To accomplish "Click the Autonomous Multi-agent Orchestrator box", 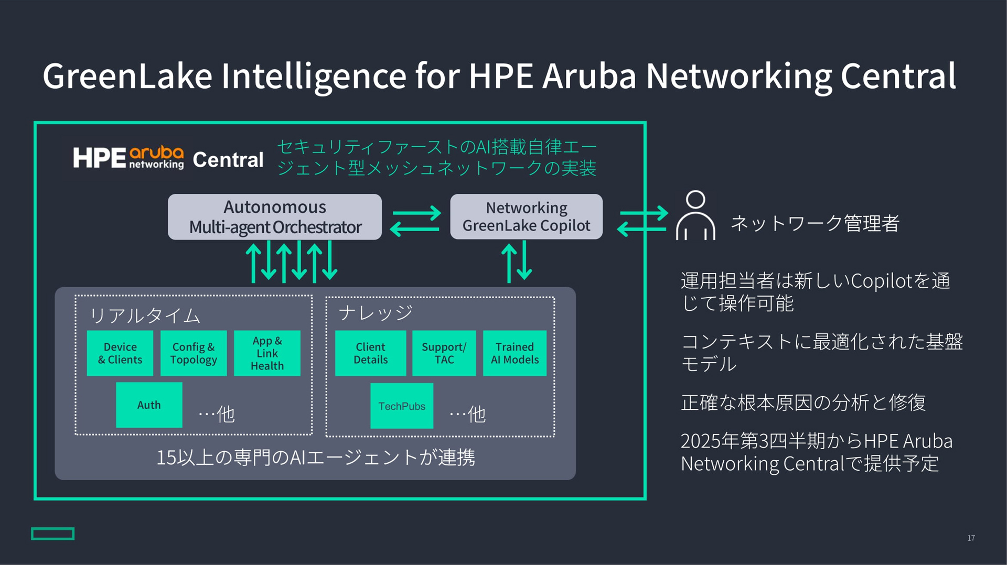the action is pyautogui.click(x=275, y=217).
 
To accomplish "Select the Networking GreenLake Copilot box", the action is pyautogui.click(x=526, y=217).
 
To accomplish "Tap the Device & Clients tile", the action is pyautogui.click(x=120, y=353).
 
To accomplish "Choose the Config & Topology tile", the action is pyautogui.click(x=194, y=353).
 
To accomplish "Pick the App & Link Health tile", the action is pyautogui.click(x=267, y=353).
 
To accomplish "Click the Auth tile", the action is pyautogui.click(x=149, y=405).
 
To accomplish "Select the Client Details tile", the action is pyautogui.click(x=370, y=353).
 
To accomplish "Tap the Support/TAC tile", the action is pyautogui.click(x=444, y=353).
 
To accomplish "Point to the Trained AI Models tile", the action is pyautogui.click(x=515, y=353).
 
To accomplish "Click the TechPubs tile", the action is pyautogui.click(x=402, y=406).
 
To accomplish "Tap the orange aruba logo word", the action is pyautogui.click(x=156, y=153).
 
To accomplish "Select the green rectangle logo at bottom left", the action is pyautogui.click(x=52, y=534).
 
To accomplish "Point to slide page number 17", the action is pyautogui.click(x=971, y=538).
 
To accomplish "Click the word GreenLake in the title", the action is pyautogui.click(x=127, y=76).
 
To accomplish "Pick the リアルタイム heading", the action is pyautogui.click(x=145, y=315).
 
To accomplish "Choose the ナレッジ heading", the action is pyautogui.click(x=376, y=313).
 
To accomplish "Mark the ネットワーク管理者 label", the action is pyautogui.click(x=815, y=224).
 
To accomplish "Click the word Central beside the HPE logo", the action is pyautogui.click(x=228, y=160).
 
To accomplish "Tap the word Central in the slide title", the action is pyautogui.click(x=898, y=76).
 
